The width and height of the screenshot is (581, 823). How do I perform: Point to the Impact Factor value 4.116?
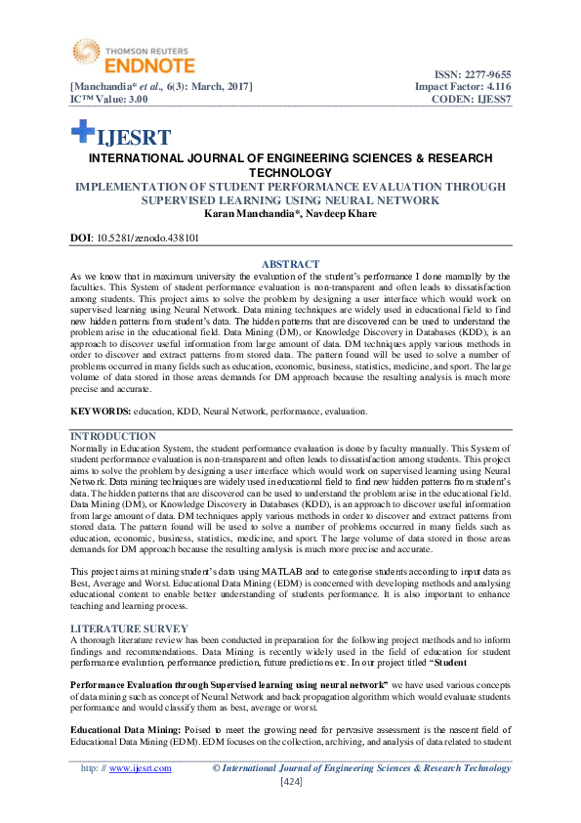[493, 87]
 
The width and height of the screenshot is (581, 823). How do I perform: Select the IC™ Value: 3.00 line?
[109, 99]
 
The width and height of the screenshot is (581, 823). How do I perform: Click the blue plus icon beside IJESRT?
[82, 133]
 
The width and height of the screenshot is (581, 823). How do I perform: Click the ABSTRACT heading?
[290, 264]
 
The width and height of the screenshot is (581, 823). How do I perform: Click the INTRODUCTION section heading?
[113, 436]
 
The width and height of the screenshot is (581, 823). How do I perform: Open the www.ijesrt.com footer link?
[141, 768]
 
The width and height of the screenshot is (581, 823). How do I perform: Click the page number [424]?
[290, 782]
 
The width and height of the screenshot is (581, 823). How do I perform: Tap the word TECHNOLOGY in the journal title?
[290, 172]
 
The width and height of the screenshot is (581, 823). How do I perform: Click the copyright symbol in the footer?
[217, 768]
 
